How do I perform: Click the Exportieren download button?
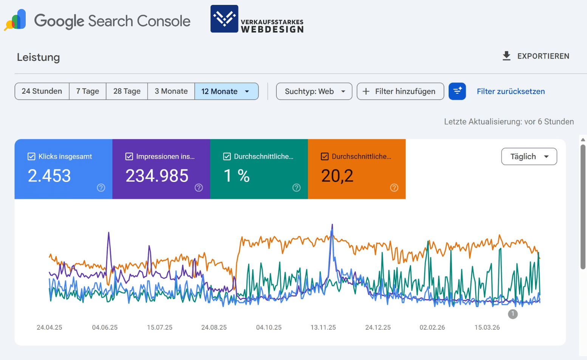point(536,56)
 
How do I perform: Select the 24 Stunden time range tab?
point(42,91)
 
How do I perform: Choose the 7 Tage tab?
point(88,91)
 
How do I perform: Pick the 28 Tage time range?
point(127,91)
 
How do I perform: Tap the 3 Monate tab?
point(171,91)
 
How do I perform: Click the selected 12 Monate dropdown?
point(226,91)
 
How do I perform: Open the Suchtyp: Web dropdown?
point(314,91)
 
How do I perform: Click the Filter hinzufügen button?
point(400,91)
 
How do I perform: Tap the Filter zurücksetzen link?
point(511,91)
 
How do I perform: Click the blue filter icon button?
point(457,91)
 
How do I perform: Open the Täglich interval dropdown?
point(529,157)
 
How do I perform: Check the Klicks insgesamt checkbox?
point(31,157)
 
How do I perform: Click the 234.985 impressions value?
point(157,176)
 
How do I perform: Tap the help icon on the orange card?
point(394,188)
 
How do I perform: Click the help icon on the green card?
point(296,188)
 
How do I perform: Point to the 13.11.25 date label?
point(323,327)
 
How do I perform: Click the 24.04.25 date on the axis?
point(50,327)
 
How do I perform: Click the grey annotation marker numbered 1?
point(513,314)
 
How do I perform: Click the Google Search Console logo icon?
point(15,20)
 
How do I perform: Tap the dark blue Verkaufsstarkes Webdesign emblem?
point(225,19)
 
